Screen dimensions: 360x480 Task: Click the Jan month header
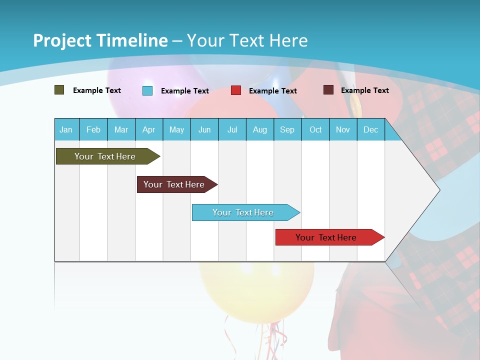click(66, 129)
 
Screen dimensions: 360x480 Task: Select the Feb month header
click(93, 129)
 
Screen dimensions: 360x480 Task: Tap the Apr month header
click(148, 129)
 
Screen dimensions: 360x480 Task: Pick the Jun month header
click(204, 129)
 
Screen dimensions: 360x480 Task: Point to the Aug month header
click(260, 129)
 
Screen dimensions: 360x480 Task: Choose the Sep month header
click(287, 129)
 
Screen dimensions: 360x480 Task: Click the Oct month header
click(315, 129)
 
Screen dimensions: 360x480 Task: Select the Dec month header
click(370, 129)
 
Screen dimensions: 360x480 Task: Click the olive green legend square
click(59, 90)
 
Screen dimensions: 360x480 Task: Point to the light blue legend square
click(147, 90)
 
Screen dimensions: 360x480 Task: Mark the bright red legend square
click(236, 90)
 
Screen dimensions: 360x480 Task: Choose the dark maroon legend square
click(328, 90)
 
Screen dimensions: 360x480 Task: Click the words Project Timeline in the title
click(100, 40)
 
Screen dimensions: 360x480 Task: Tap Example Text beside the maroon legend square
click(364, 90)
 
